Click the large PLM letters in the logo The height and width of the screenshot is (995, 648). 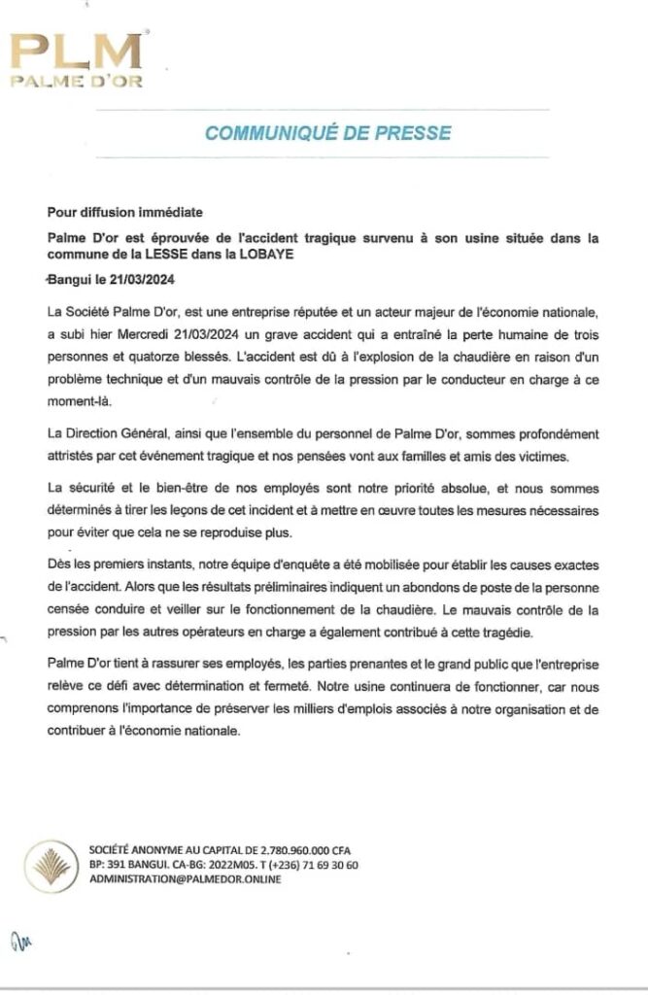tap(76, 51)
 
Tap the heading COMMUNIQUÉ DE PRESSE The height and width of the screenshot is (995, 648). tap(327, 132)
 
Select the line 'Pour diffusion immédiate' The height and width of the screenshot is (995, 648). tap(126, 212)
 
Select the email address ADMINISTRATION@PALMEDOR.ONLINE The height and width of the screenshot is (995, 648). tap(185, 878)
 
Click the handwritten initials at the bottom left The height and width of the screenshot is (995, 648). tap(20, 939)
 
